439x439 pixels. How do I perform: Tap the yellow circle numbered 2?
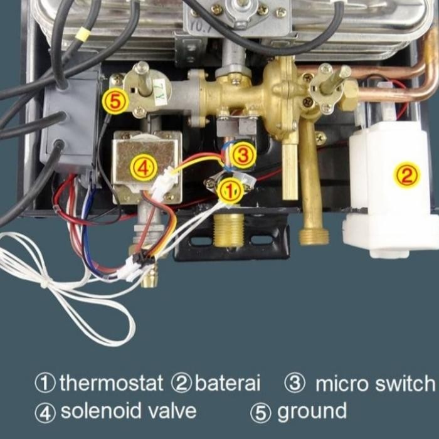[406, 175]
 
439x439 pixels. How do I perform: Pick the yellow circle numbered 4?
[142, 168]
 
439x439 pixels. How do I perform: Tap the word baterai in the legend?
[227, 382]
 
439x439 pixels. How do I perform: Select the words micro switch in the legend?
[374, 382]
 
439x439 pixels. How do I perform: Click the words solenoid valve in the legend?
[129, 411]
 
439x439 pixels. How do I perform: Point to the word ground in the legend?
[312, 411]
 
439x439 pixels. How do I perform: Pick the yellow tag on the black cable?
[82, 36]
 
